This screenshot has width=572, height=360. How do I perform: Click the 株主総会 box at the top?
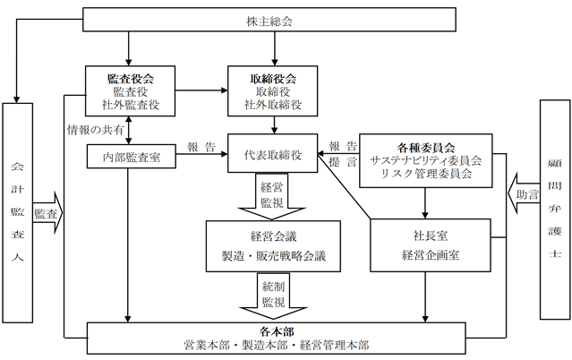269,20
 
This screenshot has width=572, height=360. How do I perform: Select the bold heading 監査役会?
130,79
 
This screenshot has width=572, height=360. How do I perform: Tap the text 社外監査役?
130,105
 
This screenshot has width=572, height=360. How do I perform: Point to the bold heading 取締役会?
273,79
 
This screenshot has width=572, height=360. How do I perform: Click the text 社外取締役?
273,105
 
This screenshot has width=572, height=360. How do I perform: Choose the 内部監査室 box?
132,157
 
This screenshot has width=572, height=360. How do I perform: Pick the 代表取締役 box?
272,153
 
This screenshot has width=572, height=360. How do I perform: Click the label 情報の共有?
96,130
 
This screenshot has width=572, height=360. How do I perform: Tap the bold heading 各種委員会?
426,148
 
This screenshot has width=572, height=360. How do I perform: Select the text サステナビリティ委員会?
426,160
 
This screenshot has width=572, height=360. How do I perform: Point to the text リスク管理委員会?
426,173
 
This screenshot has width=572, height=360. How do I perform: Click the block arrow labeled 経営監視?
272,196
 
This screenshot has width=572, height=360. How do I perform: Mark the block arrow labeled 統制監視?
273,296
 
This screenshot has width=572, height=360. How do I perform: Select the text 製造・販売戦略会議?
274,255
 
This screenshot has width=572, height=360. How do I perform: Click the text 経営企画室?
431,255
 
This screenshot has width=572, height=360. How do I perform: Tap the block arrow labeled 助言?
524,193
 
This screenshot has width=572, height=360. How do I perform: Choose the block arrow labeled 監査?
47,212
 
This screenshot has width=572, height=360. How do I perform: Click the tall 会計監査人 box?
18,212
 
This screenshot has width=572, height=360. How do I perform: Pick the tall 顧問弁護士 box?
555,210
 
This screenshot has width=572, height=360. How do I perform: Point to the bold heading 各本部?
277,331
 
